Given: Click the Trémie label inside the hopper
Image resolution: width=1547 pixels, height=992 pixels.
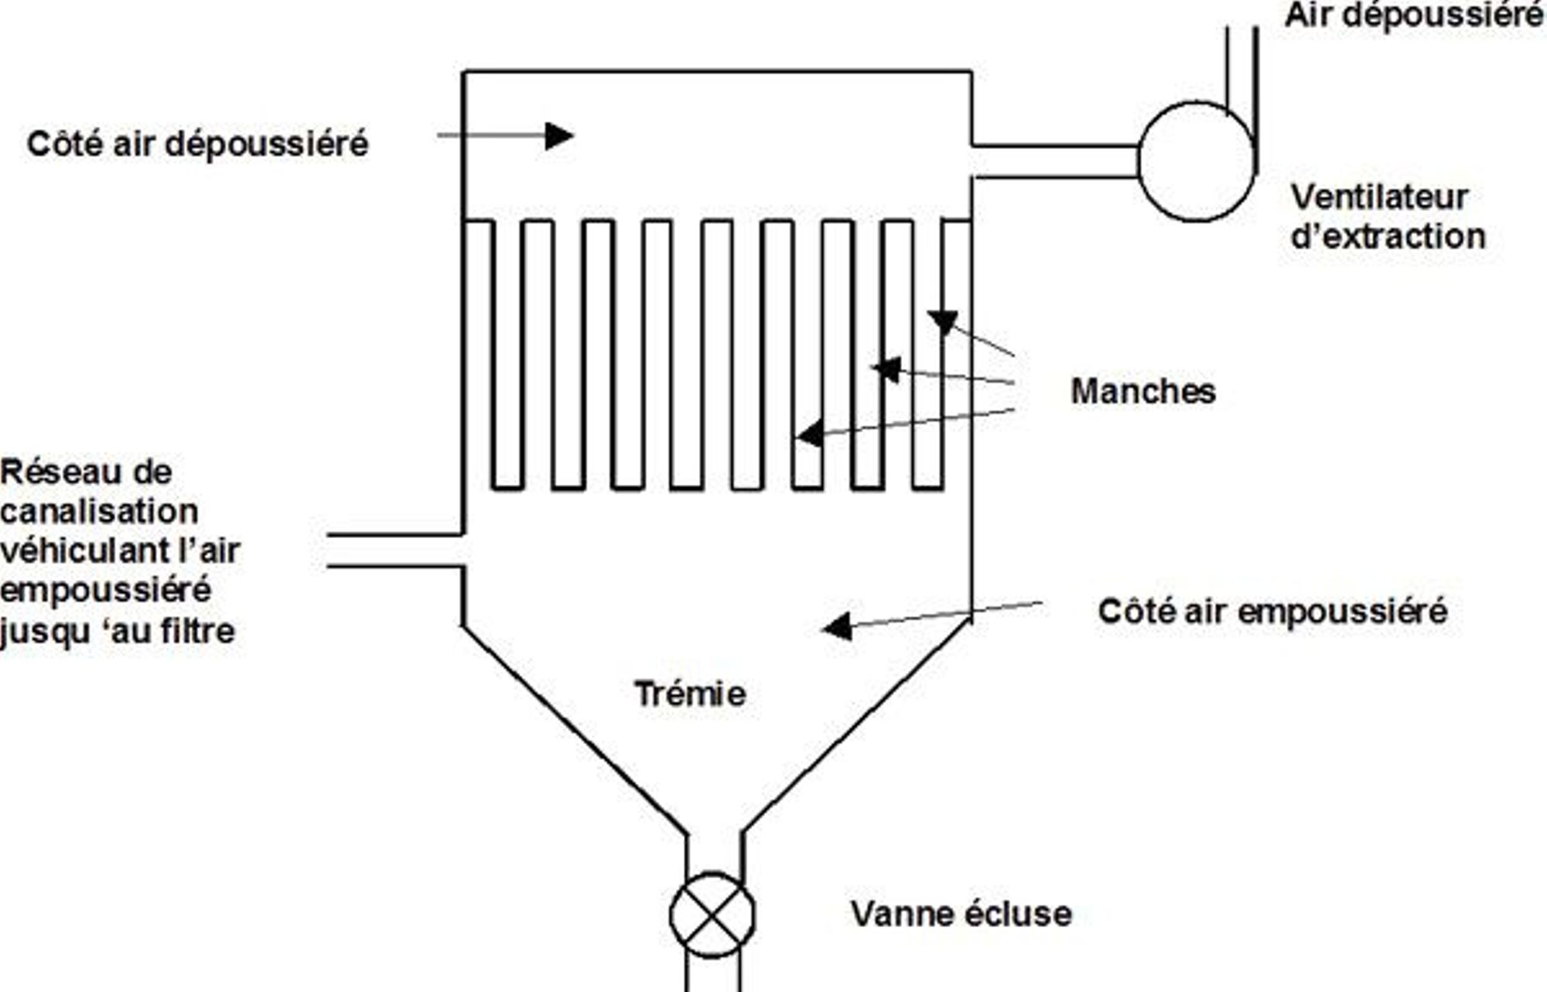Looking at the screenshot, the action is tap(690, 694).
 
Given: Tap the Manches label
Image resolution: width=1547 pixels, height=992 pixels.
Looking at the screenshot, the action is tap(1142, 391).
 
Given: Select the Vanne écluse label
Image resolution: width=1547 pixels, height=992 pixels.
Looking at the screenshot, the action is tap(961, 914).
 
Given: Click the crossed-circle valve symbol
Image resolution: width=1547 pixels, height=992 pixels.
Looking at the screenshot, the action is tap(712, 915).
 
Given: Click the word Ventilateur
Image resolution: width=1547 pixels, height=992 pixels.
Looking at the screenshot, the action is tap(1379, 197).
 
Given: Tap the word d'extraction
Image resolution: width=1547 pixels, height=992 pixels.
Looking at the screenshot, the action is tap(1388, 236).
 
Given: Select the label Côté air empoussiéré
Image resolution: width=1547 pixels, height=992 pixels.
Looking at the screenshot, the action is tap(1272, 611).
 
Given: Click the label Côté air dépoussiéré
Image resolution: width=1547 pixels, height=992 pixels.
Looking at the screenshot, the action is tap(198, 144).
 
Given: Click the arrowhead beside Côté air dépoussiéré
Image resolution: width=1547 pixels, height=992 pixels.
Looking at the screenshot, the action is tap(558, 136).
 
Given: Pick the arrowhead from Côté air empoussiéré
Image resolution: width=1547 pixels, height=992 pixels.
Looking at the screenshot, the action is tap(837, 626).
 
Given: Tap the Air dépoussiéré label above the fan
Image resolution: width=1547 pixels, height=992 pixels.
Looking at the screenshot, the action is tap(1414, 15).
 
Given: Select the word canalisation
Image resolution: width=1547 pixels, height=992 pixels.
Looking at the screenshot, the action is tap(99, 511).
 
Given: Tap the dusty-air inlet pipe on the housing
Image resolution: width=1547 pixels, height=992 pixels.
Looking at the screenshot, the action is tap(395, 551).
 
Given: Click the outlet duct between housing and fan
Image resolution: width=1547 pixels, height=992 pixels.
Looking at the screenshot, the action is tap(1055, 162).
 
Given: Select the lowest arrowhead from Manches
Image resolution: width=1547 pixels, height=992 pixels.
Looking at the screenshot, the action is tap(810, 435).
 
